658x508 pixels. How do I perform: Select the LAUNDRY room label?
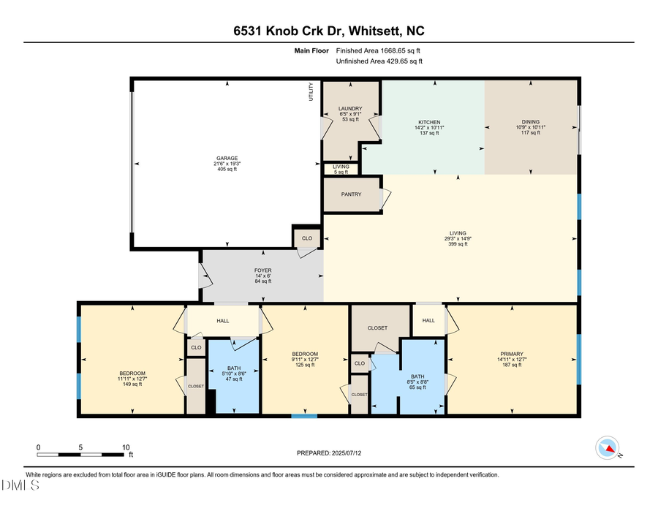tap(350, 109)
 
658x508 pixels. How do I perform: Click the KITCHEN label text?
tap(429, 122)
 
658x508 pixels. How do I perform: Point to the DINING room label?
tap(530, 122)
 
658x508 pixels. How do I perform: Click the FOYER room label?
tap(262, 270)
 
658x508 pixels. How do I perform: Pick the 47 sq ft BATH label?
tap(234, 368)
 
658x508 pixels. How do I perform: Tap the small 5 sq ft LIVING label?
tap(341, 167)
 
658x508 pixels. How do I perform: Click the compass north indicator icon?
tap(608, 447)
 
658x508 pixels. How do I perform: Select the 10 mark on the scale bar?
tap(126, 447)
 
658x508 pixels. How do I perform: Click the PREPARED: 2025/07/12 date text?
tap(329, 453)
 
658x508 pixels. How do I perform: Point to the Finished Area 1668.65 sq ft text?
tap(378, 51)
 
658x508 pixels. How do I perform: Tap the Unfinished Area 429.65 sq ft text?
tap(379, 61)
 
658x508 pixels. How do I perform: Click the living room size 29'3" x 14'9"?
tap(458, 238)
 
